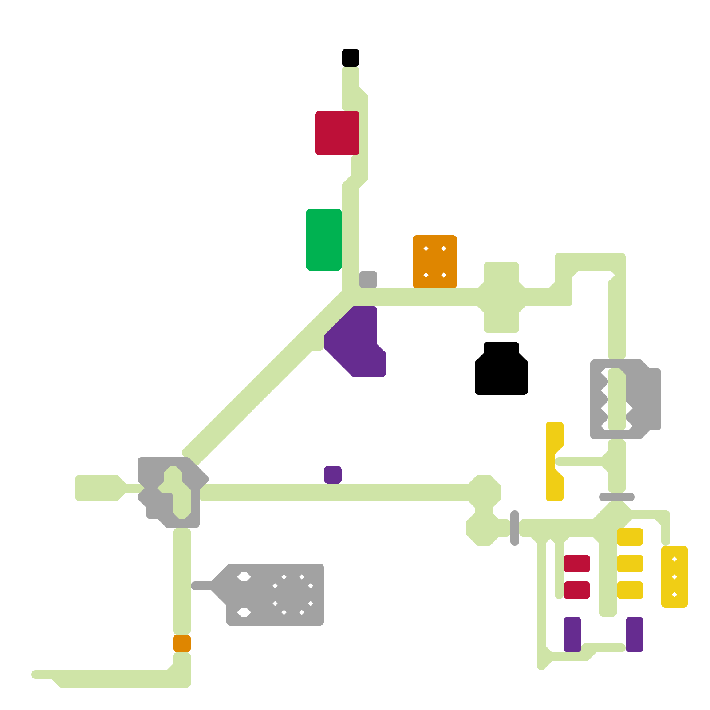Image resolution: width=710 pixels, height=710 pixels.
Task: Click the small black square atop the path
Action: [351, 58]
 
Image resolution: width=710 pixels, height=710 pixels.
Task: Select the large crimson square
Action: [337, 133]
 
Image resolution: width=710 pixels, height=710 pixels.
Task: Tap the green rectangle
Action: [324, 240]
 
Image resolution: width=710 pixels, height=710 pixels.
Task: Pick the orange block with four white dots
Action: [435, 262]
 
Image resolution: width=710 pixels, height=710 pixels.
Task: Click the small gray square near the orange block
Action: [368, 280]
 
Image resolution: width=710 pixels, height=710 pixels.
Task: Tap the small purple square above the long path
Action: [333, 475]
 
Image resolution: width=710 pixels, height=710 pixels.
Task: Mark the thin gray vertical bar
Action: [515, 528]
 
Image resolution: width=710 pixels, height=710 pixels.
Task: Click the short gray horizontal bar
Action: [617, 497]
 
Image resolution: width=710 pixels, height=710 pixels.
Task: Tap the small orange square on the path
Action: [182, 643]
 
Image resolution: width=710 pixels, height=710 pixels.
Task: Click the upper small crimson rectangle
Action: [577, 564]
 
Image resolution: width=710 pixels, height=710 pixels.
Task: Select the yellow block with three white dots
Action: [674, 577]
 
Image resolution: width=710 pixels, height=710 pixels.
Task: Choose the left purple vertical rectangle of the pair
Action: [572, 635]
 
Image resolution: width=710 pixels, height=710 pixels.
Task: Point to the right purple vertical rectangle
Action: [635, 635]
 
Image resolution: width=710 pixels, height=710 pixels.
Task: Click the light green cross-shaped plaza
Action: [501, 297]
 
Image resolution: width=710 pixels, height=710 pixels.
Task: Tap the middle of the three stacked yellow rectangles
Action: [630, 564]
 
